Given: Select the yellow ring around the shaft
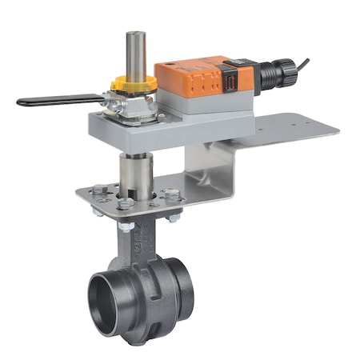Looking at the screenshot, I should (x=135, y=83).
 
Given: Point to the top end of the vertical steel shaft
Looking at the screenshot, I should (x=134, y=36).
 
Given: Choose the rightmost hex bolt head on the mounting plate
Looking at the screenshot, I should (x=171, y=194).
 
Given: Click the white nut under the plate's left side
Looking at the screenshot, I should (x=126, y=226).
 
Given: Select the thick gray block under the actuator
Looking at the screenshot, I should (x=160, y=128).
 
